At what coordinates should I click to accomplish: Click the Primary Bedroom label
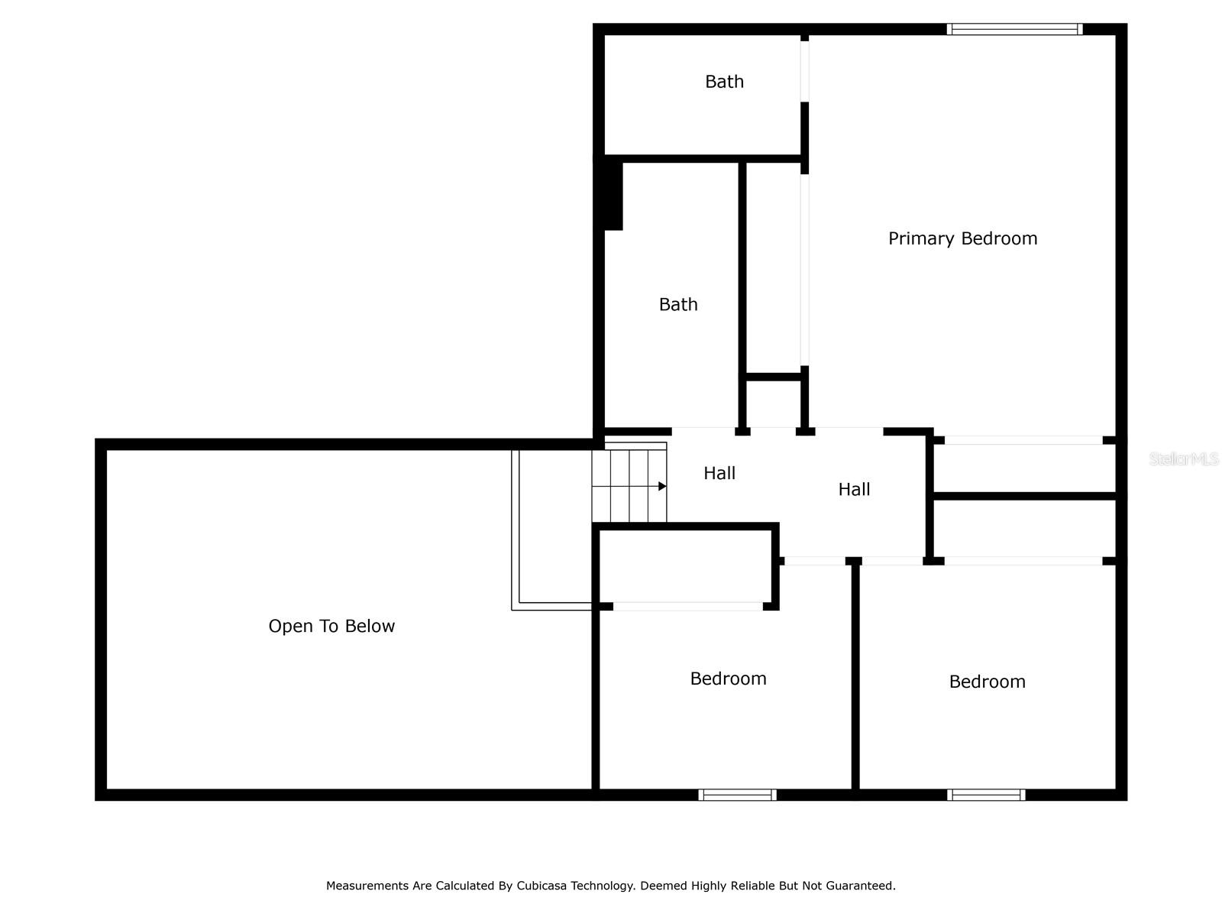pyautogui.click(x=962, y=238)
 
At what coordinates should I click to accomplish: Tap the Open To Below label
pyautogui.click(x=331, y=626)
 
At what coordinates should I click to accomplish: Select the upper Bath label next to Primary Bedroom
pyautogui.click(x=724, y=81)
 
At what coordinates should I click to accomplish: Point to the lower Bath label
pyautogui.click(x=678, y=304)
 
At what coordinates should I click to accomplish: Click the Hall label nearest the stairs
pyautogui.click(x=719, y=473)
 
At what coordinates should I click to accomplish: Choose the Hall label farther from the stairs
pyautogui.click(x=854, y=489)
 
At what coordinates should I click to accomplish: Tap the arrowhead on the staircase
pyautogui.click(x=662, y=486)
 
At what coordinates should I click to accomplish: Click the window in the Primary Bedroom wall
pyautogui.click(x=1014, y=29)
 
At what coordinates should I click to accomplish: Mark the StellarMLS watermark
pyautogui.click(x=1184, y=458)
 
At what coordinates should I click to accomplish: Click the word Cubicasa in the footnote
pyautogui.click(x=539, y=885)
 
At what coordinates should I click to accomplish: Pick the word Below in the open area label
pyautogui.click(x=370, y=626)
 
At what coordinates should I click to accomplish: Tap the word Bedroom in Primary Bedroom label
pyautogui.click(x=999, y=238)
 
